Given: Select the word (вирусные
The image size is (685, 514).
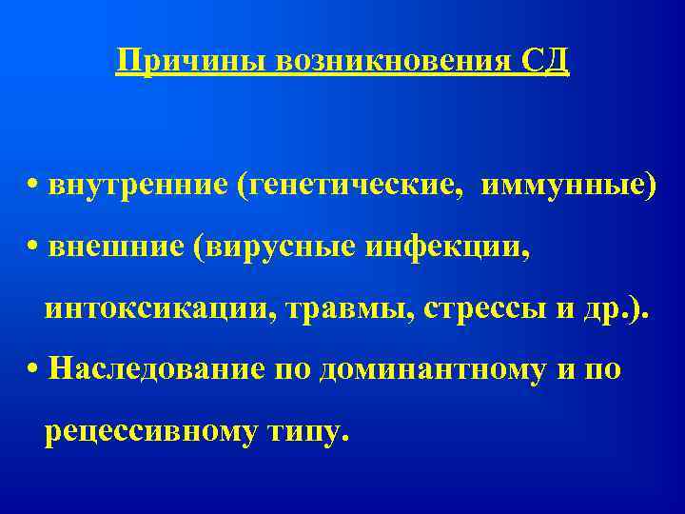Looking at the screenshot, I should coord(277,247).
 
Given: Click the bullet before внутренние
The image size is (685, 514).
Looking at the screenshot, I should coord(33,185).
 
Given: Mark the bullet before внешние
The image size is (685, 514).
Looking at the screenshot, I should coord(33,247).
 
